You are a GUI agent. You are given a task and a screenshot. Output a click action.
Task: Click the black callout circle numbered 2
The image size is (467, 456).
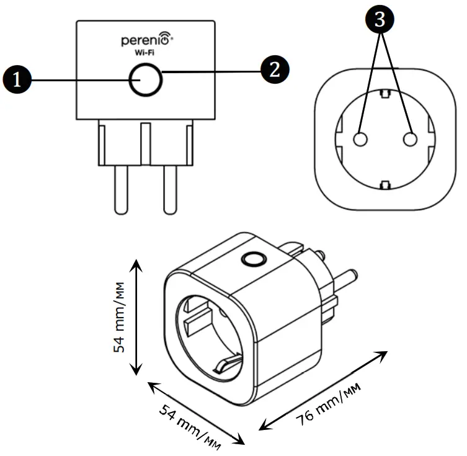(x=275, y=69)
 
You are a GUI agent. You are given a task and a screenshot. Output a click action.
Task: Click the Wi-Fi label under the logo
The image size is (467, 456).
(x=145, y=54)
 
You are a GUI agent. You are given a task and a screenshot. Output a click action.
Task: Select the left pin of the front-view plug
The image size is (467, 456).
(x=120, y=190)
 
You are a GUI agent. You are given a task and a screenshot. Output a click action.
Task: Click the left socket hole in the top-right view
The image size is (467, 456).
(x=360, y=139)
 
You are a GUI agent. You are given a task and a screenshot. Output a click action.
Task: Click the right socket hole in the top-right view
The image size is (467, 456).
(x=410, y=139)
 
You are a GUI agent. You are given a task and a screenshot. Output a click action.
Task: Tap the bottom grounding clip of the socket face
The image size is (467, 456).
(x=385, y=184)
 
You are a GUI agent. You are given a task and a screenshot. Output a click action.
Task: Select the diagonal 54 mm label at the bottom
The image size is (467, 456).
(x=192, y=423)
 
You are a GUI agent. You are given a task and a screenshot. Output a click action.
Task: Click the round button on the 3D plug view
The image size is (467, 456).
(x=252, y=258)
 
